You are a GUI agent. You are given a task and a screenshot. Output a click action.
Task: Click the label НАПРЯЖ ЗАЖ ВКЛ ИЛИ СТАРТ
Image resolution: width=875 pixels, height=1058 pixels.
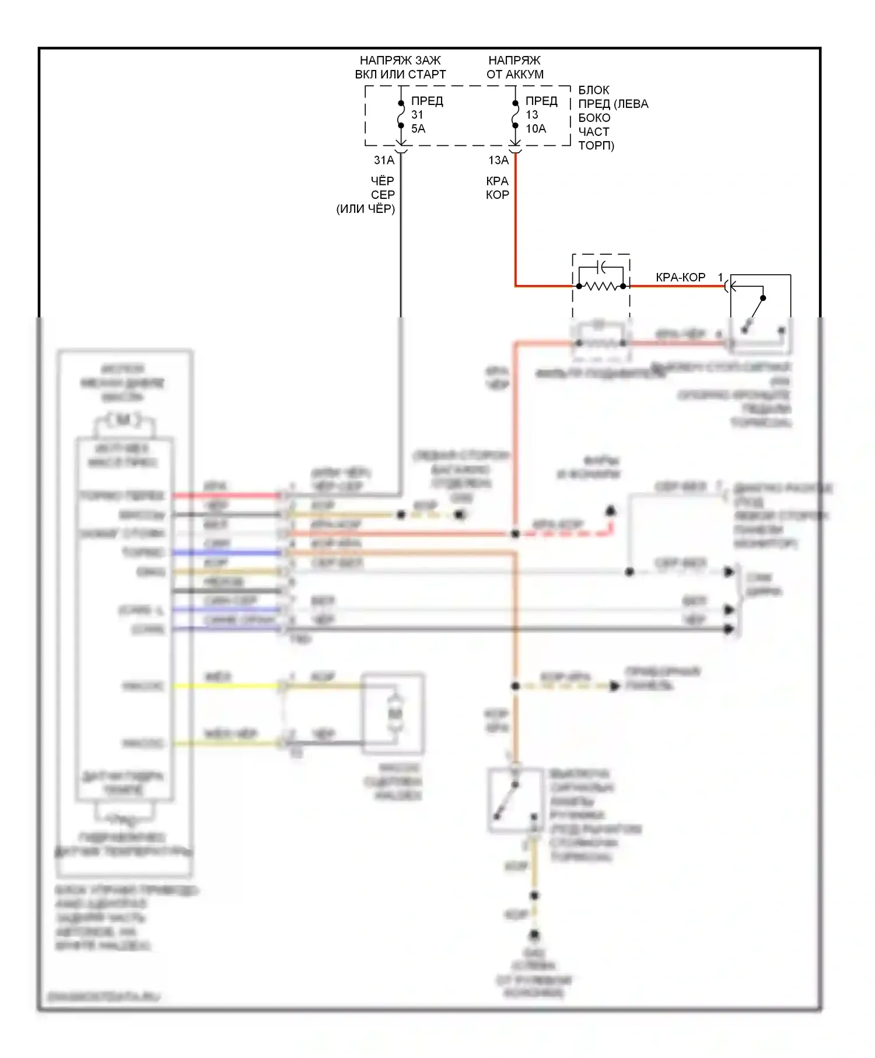point(400,68)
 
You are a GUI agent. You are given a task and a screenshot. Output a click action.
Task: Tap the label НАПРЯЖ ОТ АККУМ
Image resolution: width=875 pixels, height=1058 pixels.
point(514,68)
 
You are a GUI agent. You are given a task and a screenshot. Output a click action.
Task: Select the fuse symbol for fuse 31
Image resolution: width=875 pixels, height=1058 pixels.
point(401,114)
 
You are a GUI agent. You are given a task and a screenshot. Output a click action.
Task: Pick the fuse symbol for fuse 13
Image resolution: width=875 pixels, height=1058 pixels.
point(515,114)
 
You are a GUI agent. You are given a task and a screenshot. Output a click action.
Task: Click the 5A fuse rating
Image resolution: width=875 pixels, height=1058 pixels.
point(418,129)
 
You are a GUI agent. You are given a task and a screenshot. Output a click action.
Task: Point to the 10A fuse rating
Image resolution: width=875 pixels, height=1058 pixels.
point(535,129)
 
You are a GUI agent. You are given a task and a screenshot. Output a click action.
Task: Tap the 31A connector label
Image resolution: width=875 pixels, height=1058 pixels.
point(384,160)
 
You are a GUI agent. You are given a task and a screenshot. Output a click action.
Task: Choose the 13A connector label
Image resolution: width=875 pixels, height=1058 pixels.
point(499,160)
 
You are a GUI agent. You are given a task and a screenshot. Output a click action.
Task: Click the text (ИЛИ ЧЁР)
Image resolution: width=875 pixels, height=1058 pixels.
point(366,209)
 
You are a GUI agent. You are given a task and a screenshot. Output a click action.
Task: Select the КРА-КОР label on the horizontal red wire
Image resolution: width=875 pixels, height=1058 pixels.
point(680,278)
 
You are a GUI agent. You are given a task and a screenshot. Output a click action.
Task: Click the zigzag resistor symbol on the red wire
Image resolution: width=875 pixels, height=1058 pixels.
point(601,286)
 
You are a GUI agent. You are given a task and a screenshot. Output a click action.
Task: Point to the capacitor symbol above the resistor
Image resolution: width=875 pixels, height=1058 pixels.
point(601,268)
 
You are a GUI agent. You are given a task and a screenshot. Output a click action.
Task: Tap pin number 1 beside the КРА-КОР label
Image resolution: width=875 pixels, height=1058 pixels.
point(721,278)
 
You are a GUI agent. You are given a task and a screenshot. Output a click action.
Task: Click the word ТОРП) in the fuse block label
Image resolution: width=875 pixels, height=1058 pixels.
point(596,146)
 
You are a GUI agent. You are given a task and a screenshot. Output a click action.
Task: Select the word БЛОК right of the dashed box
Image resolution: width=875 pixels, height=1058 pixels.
point(594,90)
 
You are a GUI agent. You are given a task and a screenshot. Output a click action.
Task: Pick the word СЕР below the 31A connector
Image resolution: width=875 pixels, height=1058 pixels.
point(383,195)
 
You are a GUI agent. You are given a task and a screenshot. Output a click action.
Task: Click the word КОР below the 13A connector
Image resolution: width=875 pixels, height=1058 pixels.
point(498,195)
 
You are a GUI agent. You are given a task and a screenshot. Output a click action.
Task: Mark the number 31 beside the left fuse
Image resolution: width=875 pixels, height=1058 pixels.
point(417,115)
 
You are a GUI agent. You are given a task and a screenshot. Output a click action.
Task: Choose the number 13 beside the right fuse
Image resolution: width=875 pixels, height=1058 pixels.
point(531,115)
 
